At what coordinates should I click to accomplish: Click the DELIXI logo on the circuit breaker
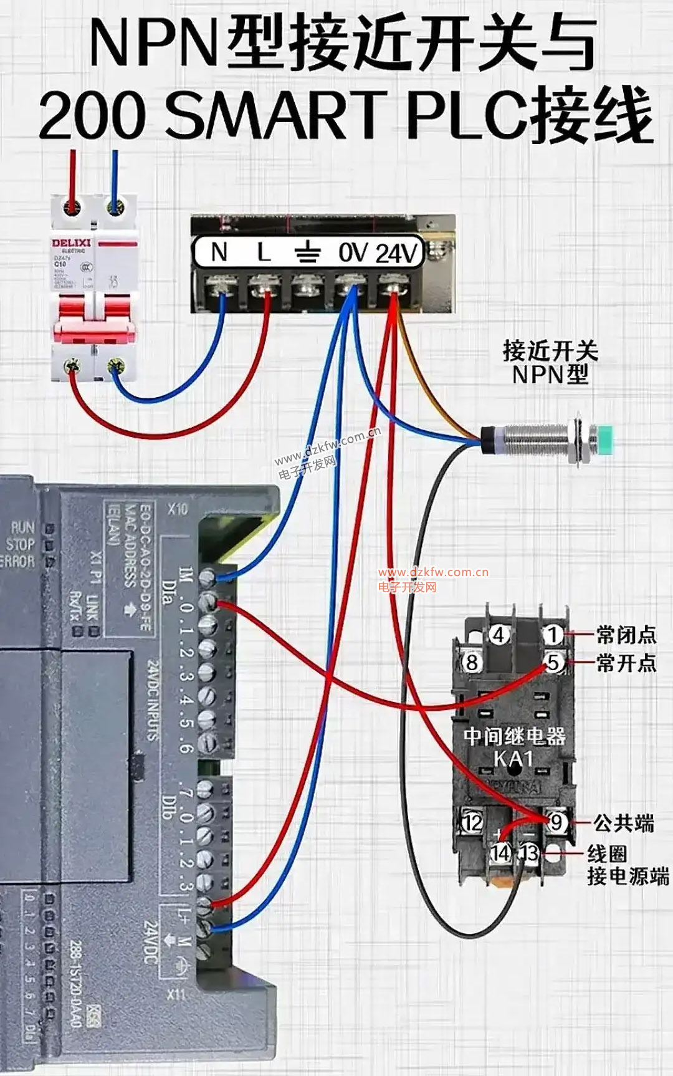point(71,243)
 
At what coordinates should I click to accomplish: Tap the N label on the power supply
point(219,252)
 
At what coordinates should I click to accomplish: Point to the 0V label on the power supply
point(353,253)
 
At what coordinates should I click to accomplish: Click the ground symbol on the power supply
point(307,253)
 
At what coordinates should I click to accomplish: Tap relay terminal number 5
point(553,661)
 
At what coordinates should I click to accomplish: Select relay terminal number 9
point(556,822)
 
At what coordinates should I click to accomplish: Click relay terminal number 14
point(500,852)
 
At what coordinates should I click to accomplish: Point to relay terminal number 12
point(472,822)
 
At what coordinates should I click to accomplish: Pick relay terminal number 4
point(499,635)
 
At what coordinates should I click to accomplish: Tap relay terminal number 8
point(472,662)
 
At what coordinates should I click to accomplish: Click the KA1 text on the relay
point(513,759)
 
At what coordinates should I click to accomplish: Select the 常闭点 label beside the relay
point(626,635)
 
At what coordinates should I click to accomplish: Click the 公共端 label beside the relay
point(623,823)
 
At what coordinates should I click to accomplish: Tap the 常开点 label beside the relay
point(626,663)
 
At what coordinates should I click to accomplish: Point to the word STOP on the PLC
point(21,544)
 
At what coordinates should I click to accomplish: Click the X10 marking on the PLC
point(177,509)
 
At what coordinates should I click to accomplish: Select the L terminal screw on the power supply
point(264,288)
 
